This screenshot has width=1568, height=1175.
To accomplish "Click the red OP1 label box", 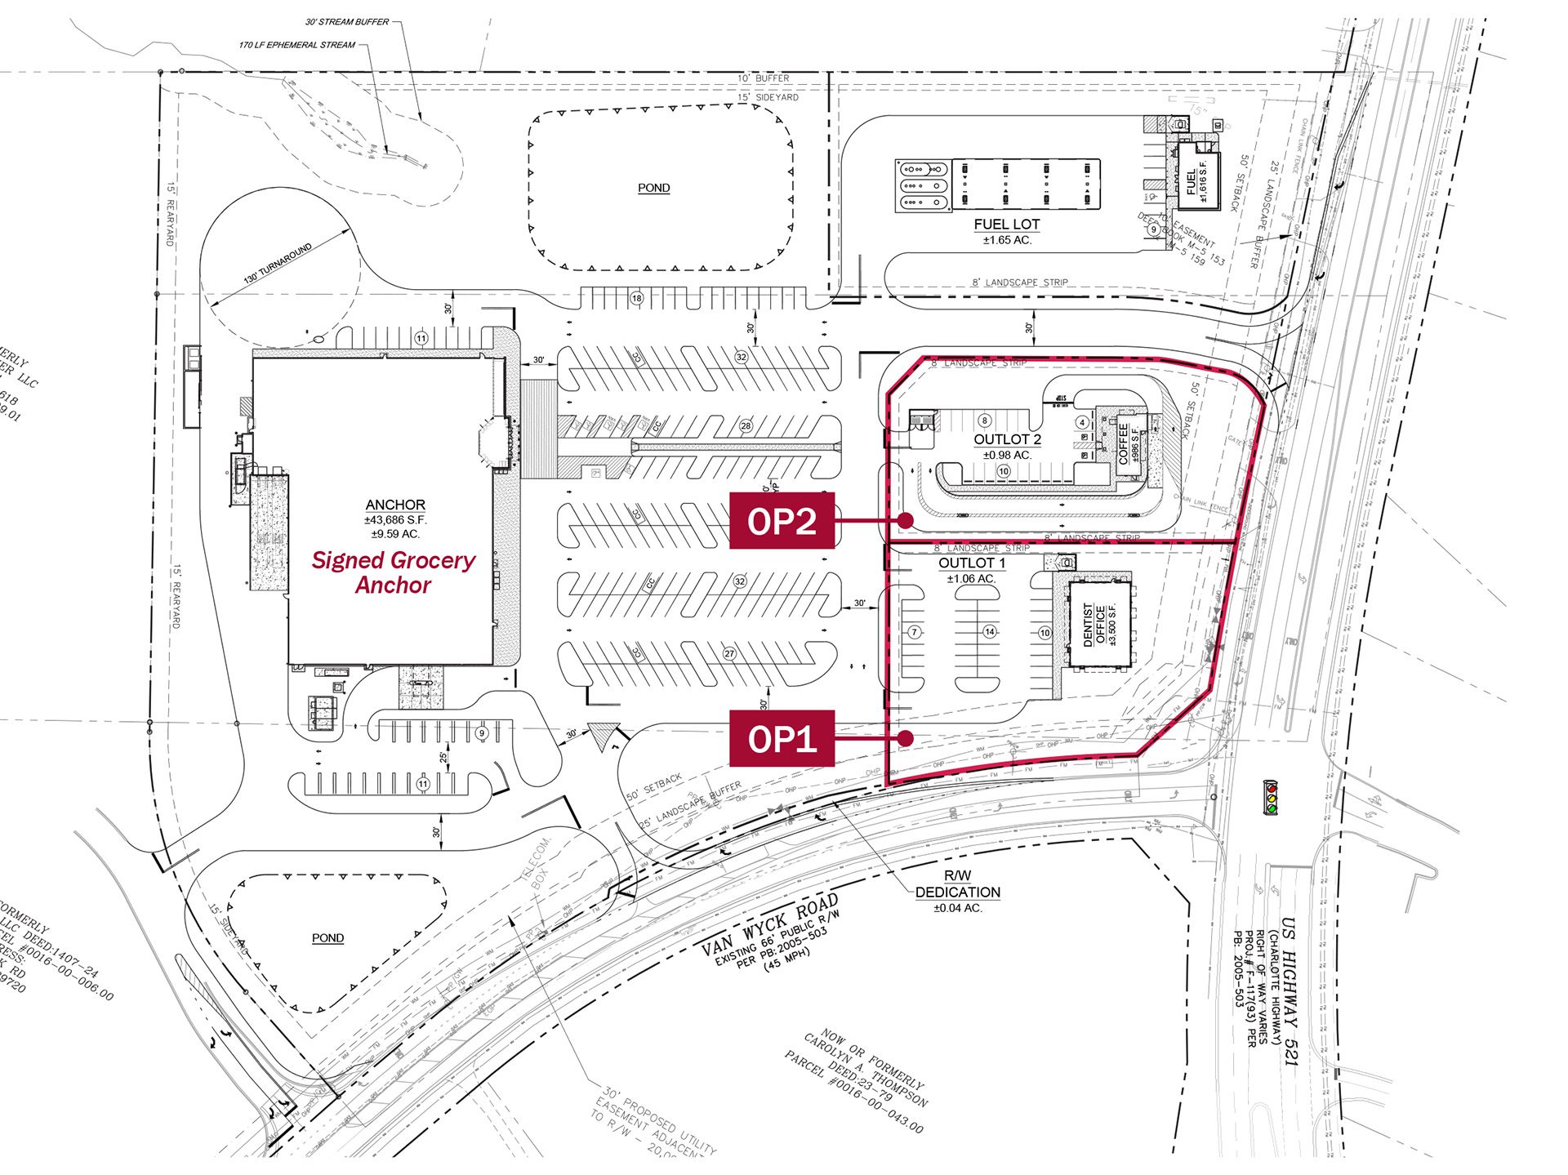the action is point(782,738).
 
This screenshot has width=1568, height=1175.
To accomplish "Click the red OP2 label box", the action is point(782,520).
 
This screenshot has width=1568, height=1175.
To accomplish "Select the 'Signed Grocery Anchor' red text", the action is point(393,572).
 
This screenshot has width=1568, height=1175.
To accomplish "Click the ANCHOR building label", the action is point(395,505).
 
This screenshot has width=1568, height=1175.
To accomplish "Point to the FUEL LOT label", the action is point(1006,225).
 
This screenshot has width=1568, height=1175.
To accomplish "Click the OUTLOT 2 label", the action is point(1007,439).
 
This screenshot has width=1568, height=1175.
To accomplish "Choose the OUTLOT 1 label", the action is point(972,563).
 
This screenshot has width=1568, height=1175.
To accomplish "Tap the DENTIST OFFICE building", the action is point(1100,625).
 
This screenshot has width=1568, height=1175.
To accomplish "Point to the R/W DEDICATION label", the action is point(957,885).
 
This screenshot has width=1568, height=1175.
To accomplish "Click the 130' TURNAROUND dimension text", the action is point(278,263).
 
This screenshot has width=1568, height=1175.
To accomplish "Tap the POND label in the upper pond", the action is point(653,188).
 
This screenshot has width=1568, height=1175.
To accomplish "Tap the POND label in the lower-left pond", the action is point(327,938).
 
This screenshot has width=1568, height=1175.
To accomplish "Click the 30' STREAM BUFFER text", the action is point(347,22).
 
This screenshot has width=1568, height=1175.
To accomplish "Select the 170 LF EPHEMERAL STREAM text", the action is point(296,45).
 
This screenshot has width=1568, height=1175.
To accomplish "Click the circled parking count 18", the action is point(637,298).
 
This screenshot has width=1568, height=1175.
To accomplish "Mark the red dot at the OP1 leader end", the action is point(905,738).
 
